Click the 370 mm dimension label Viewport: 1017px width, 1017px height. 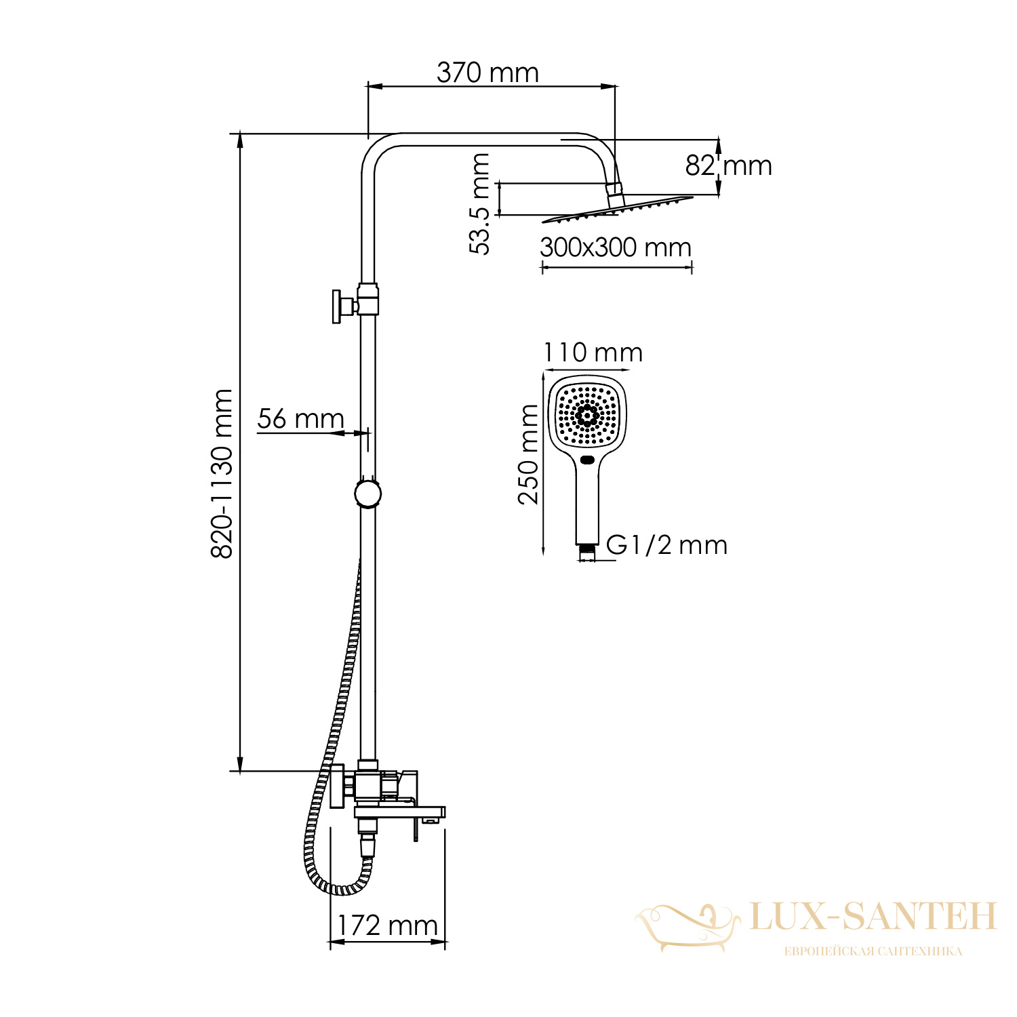[487, 73]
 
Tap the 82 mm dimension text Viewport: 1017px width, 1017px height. [728, 165]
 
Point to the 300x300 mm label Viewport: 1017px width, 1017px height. [616, 247]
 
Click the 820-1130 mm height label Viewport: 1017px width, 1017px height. [222, 473]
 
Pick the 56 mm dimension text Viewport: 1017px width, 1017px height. [300, 418]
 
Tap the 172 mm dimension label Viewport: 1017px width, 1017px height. [387, 925]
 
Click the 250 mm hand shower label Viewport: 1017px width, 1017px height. [529, 454]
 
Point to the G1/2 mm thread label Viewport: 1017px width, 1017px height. [666, 545]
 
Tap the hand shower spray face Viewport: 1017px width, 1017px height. [588, 415]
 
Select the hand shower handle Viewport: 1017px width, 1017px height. [587, 502]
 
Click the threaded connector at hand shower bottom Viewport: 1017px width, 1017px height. [587, 552]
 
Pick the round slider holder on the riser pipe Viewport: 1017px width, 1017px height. [367, 494]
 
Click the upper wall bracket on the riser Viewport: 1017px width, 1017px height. [355, 305]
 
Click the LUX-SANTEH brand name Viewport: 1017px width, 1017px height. [873, 917]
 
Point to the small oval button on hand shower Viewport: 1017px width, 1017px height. [587, 462]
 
